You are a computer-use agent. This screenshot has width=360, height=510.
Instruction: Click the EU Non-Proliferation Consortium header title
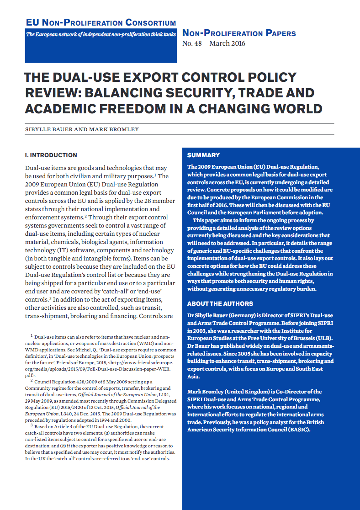[x=101, y=23]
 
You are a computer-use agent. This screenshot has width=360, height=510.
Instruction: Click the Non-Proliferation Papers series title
[x=239, y=33]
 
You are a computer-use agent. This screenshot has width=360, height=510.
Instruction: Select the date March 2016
[x=227, y=44]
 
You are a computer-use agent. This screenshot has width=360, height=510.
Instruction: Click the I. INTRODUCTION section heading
[x=51, y=155]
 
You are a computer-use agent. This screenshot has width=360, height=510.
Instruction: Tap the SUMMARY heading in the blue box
[x=203, y=155]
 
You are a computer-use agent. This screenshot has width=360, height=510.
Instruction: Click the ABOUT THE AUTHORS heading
[x=220, y=303]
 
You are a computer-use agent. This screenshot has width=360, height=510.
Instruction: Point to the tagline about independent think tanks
[x=101, y=35]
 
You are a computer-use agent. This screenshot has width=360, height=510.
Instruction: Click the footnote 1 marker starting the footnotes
[x=32, y=335]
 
